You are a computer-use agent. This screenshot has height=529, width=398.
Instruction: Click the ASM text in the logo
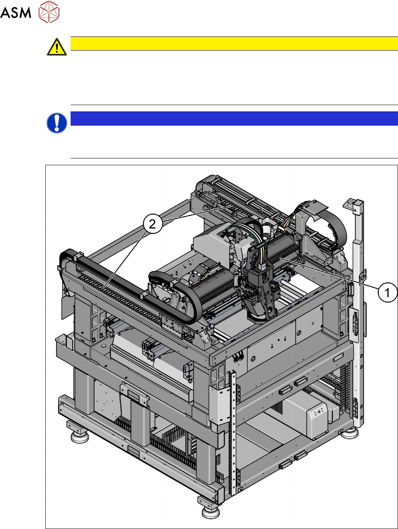point(16,12)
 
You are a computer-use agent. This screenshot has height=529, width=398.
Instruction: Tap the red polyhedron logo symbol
point(49,12)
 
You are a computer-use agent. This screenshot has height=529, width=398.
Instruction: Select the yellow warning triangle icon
point(57,47)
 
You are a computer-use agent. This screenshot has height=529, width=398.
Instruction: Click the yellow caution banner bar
point(234,44)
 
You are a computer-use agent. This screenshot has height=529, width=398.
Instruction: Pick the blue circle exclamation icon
point(57,123)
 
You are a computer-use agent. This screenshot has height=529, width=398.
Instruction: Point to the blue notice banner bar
point(234,118)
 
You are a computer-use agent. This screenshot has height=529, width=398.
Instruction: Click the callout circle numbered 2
point(152,224)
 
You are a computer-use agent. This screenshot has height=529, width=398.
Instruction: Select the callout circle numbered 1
point(387,293)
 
